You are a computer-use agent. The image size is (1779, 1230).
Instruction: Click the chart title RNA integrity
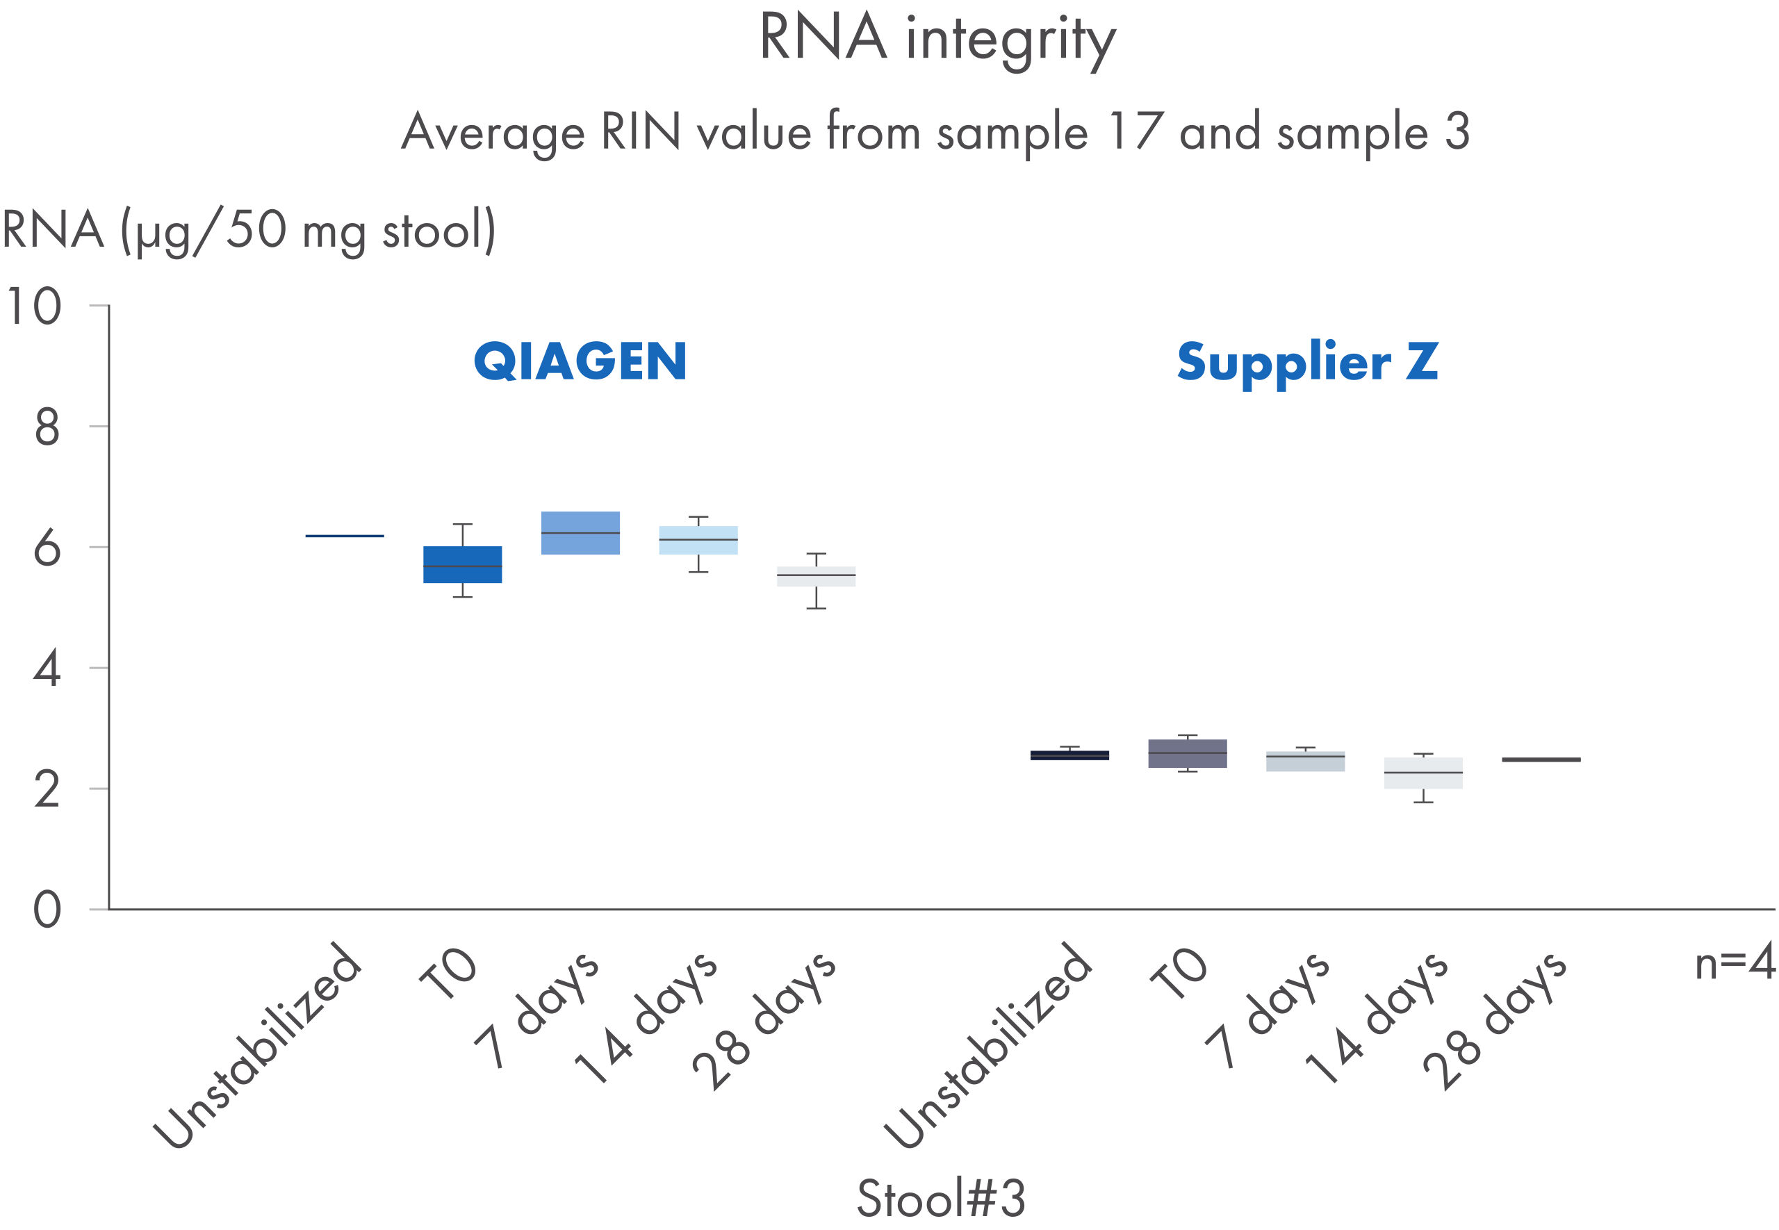pyautogui.click(x=937, y=40)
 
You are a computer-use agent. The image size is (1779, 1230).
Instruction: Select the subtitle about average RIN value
pyautogui.click(x=935, y=133)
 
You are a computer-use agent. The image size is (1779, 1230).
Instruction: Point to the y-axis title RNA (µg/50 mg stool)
pyautogui.click(x=249, y=231)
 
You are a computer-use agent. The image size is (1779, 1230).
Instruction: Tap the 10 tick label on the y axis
pyautogui.click(x=33, y=306)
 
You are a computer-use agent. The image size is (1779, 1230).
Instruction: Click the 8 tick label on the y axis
pyautogui.click(x=47, y=428)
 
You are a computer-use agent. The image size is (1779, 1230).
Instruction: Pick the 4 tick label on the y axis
pyautogui.click(x=47, y=669)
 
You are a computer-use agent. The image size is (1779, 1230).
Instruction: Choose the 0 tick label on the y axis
pyautogui.click(x=47, y=910)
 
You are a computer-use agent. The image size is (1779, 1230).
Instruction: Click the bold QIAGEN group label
pyautogui.click(x=580, y=361)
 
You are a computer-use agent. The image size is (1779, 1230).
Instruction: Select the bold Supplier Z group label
pyautogui.click(x=1307, y=361)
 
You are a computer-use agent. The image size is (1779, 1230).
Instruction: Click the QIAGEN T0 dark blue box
pyautogui.click(x=462, y=564)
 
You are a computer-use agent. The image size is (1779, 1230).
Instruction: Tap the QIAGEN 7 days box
pyautogui.click(x=580, y=532)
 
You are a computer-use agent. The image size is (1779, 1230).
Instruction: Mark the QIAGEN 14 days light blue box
pyautogui.click(x=698, y=540)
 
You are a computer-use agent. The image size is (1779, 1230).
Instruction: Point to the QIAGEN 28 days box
pyautogui.click(x=816, y=577)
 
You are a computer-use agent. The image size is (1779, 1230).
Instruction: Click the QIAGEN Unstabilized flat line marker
pyautogui.click(x=345, y=536)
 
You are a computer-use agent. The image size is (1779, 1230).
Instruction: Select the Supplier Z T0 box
pyautogui.click(x=1188, y=753)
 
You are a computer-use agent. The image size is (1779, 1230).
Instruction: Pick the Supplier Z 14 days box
pyautogui.click(x=1423, y=772)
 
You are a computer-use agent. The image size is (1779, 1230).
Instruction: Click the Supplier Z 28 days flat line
pyautogui.click(x=1541, y=760)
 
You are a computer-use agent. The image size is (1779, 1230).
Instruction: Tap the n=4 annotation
pyautogui.click(x=1735, y=963)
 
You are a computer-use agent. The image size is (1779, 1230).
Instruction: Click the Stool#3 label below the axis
pyautogui.click(x=941, y=1197)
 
